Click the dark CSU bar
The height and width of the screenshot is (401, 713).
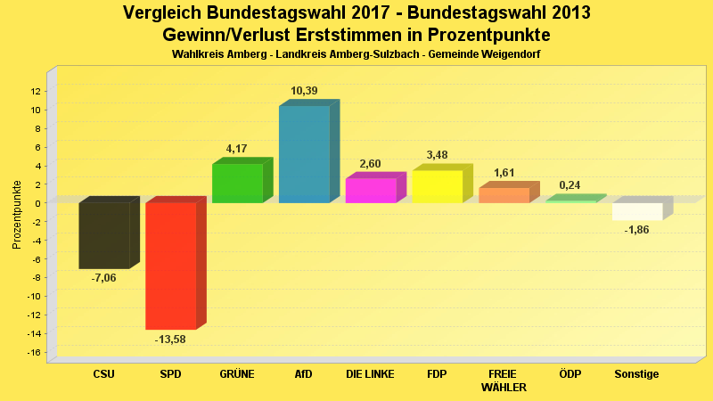[x=104, y=235]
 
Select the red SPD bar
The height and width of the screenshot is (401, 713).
[x=170, y=266]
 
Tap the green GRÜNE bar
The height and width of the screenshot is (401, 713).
[x=237, y=183]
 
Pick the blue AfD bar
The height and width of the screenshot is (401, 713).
[x=304, y=154]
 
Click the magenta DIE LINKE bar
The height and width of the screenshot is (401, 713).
[x=370, y=191]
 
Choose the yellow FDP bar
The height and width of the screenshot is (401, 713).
[x=437, y=186]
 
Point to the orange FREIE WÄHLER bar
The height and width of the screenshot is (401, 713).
[x=504, y=195]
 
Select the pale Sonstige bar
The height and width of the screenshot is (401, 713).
[x=637, y=211]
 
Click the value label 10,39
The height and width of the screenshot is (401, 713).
[x=304, y=91]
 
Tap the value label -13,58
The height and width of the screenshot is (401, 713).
[x=170, y=339]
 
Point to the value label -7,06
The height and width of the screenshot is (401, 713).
[x=103, y=278]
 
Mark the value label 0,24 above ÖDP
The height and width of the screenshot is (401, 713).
[x=570, y=185]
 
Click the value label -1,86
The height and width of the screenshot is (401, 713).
[x=637, y=230]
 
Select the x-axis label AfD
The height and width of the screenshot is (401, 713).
[x=304, y=374]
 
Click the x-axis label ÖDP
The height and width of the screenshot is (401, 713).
[x=570, y=374]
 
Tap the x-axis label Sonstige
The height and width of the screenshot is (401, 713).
[x=637, y=374]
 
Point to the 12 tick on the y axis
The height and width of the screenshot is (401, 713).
[x=36, y=91]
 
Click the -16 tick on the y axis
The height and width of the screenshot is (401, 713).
[x=34, y=353]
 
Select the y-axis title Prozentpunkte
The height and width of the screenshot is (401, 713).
[x=17, y=214]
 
